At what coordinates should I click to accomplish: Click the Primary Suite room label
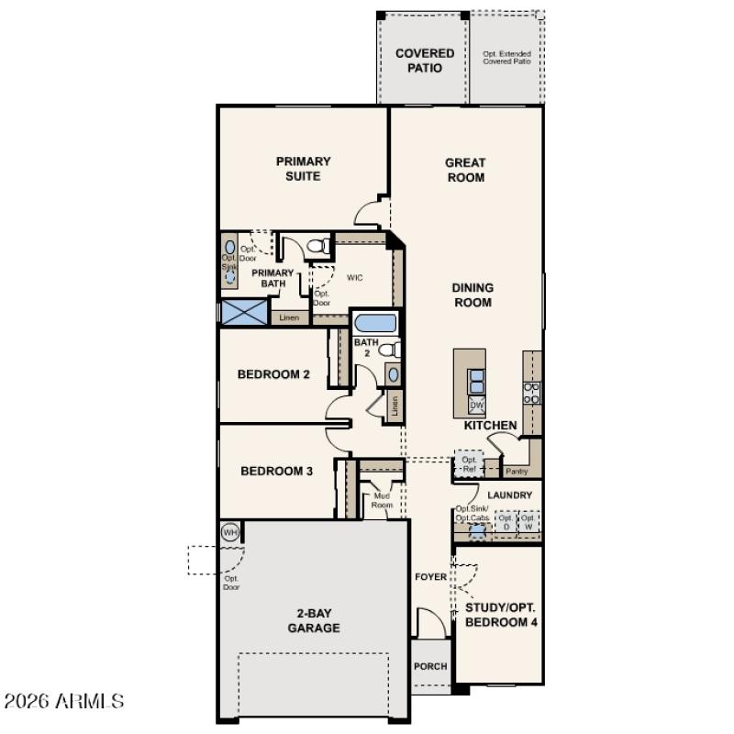point(303,169)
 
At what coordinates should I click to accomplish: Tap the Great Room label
point(465,171)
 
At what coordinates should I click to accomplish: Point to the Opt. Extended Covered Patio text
point(506,58)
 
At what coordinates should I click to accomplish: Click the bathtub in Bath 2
point(374,324)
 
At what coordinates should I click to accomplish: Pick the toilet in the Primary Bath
point(318,246)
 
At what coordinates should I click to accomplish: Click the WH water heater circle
point(229,532)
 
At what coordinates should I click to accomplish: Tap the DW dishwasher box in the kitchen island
point(477,405)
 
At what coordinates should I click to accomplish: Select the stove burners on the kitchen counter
point(531,393)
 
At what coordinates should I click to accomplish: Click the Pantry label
point(517,472)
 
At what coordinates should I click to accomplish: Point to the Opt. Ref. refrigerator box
point(469,464)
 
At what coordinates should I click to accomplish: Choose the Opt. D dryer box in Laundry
point(504,522)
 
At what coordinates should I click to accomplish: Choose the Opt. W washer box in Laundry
point(528,522)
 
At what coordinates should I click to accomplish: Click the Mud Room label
point(382,500)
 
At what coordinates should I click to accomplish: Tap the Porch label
point(430,666)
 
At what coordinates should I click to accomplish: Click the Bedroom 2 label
point(273,374)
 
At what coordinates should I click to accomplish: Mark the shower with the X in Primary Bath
point(244,312)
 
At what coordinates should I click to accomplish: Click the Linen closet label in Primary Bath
point(289,317)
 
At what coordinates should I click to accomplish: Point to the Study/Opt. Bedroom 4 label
point(501,614)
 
